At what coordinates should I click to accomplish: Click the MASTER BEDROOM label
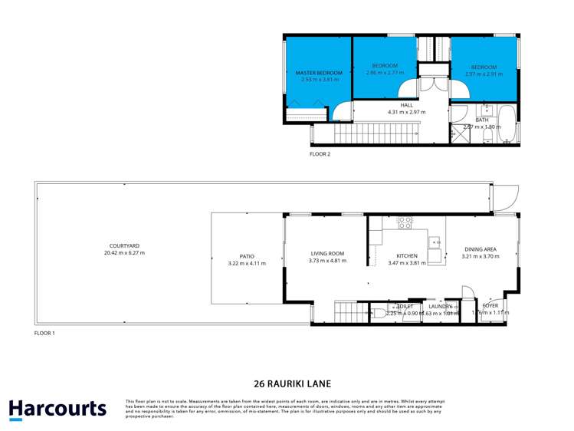(x=319, y=73)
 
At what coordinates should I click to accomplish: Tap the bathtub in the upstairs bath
(x=507, y=126)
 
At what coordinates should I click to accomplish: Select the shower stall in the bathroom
(x=458, y=136)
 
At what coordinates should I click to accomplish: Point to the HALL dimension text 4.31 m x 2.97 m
(x=406, y=112)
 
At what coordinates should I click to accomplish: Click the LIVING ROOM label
(x=327, y=254)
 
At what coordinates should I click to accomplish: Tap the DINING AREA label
(x=481, y=249)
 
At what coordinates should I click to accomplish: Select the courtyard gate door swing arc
(x=505, y=199)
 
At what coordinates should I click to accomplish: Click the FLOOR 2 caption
(x=320, y=154)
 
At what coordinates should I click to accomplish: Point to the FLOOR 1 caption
(x=45, y=334)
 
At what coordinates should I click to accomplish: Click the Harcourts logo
(x=57, y=409)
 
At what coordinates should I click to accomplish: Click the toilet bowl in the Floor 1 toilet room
(x=379, y=312)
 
